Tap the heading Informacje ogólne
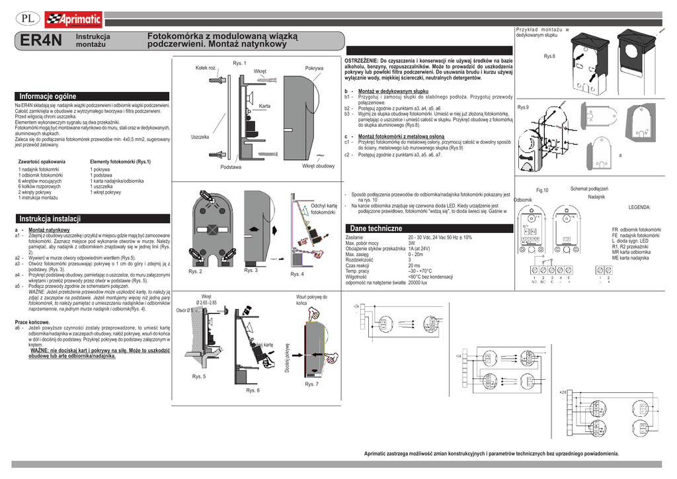click(48, 97)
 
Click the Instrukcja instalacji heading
click(50, 219)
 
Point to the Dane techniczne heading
click(376, 228)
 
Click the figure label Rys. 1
click(239, 63)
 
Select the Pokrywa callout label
click(314, 68)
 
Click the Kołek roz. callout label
click(207, 68)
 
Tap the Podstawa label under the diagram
click(231, 167)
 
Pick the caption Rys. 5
click(199, 376)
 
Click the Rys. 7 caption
click(311, 384)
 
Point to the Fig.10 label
click(542, 191)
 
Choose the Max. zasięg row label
click(358, 254)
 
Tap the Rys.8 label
click(549, 57)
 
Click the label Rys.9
click(523, 107)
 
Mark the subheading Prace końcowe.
click(32, 322)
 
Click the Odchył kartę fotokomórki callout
click(324, 208)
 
